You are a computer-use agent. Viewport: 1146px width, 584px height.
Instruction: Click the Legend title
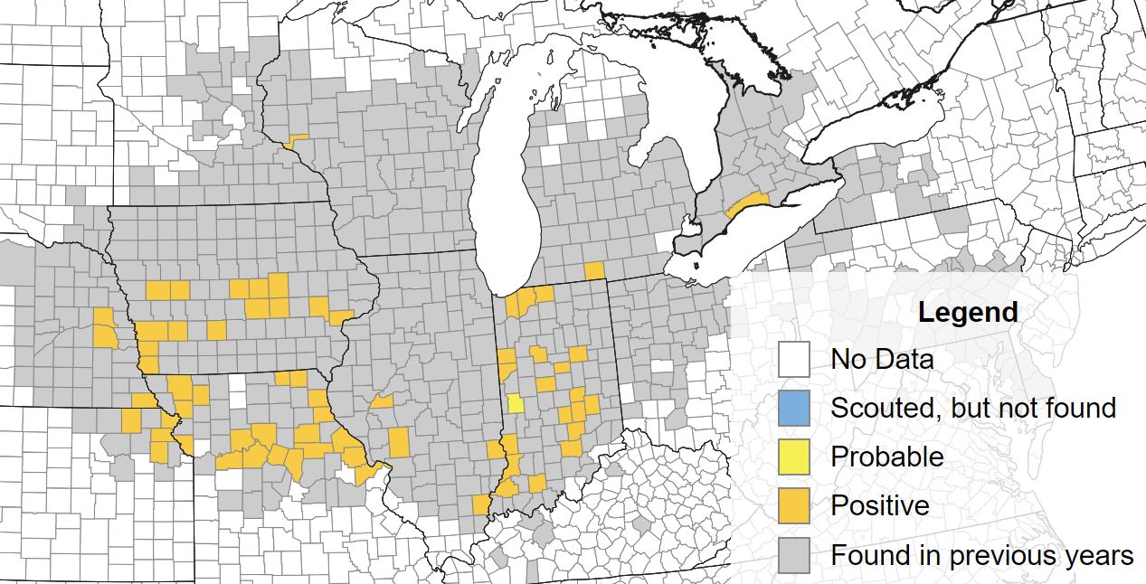[968, 313]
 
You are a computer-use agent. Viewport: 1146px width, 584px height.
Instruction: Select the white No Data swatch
[793, 359]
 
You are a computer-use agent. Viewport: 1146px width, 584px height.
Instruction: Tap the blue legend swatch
[793, 408]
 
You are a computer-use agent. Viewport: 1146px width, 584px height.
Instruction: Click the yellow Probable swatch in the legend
[793, 457]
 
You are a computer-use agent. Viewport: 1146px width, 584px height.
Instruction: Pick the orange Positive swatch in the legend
[793, 505]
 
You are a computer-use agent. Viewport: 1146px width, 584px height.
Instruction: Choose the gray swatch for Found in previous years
[793, 554]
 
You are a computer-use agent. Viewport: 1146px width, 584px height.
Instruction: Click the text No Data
[882, 359]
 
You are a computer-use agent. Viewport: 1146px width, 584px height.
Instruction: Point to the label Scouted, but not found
[973, 408]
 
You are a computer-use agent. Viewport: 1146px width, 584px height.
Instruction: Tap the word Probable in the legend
[886, 457]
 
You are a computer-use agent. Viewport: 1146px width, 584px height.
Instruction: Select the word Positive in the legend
[880, 505]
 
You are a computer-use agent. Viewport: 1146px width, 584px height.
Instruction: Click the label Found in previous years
[982, 554]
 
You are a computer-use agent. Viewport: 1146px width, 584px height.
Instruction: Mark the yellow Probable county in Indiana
[515, 403]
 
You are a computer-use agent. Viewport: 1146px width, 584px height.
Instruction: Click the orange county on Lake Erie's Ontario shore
[747, 203]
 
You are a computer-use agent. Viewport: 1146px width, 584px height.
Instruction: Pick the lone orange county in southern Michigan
[594, 270]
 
